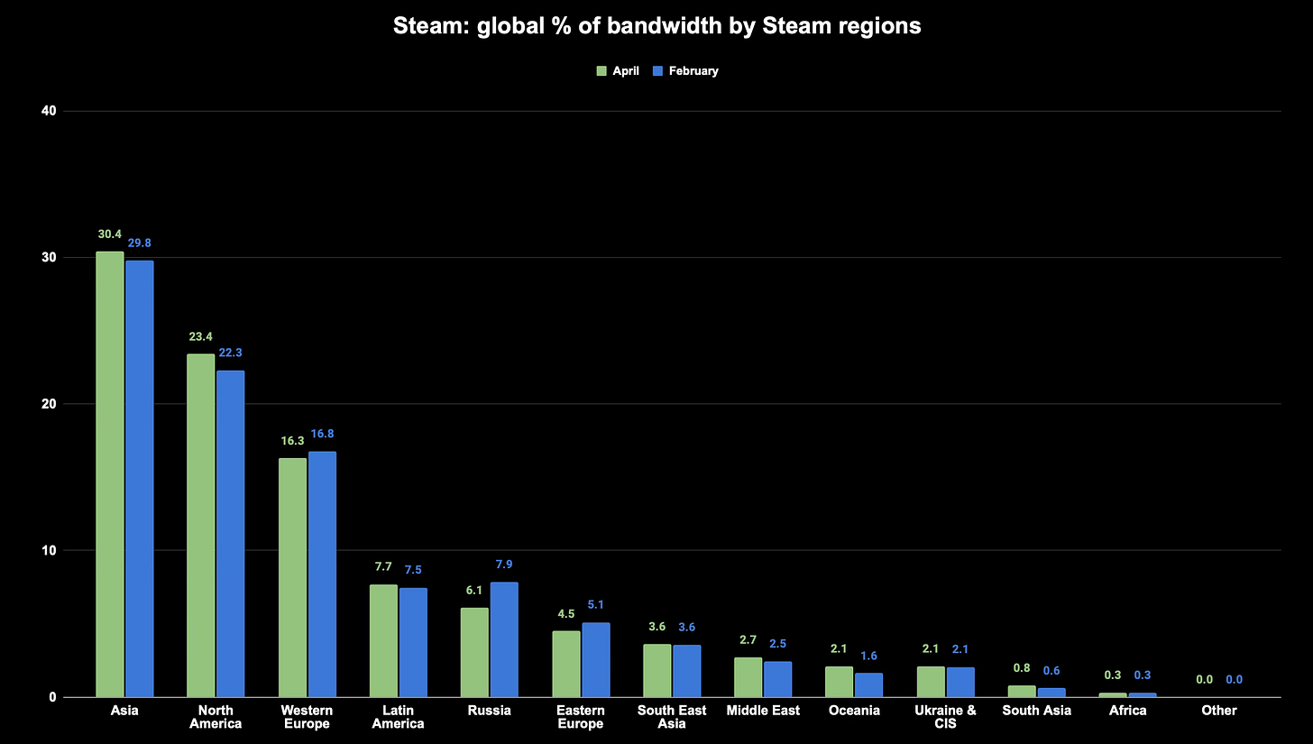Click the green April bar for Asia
pyautogui.click(x=110, y=474)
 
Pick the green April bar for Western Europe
pyautogui.click(x=292, y=577)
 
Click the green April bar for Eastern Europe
pyautogui.click(x=566, y=664)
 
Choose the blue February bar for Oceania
pyautogui.click(x=868, y=685)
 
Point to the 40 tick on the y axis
pyautogui.click(x=49, y=111)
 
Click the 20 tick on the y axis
pyautogui.click(x=49, y=404)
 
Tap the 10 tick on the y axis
pyautogui.click(x=49, y=550)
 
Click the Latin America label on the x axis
pyautogui.click(x=398, y=717)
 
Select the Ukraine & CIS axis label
pyautogui.click(x=945, y=717)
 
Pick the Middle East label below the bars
pyautogui.click(x=763, y=711)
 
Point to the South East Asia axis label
pyautogui.click(x=672, y=717)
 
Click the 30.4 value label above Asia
pyautogui.click(x=110, y=234)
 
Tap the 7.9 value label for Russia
pyautogui.click(x=504, y=565)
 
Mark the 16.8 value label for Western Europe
pyautogui.click(x=322, y=434)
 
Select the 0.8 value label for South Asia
pyautogui.click(x=1021, y=668)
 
